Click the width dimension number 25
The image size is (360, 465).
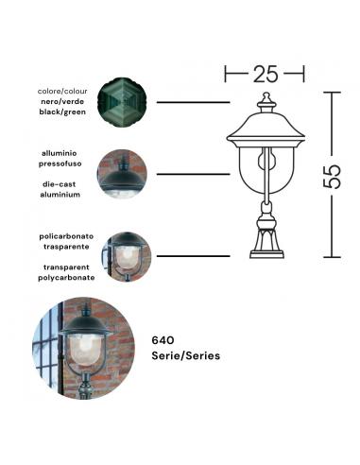[x=265, y=73]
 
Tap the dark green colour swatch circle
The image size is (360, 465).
[x=122, y=101]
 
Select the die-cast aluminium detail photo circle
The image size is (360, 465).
[x=122, y=175]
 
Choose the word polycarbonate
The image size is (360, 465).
[x=65, y=279]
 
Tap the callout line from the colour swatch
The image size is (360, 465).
[x=195, y=101]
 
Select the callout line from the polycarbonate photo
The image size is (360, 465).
[x=195, y=255]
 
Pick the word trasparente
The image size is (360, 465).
[x=65, y=245]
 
